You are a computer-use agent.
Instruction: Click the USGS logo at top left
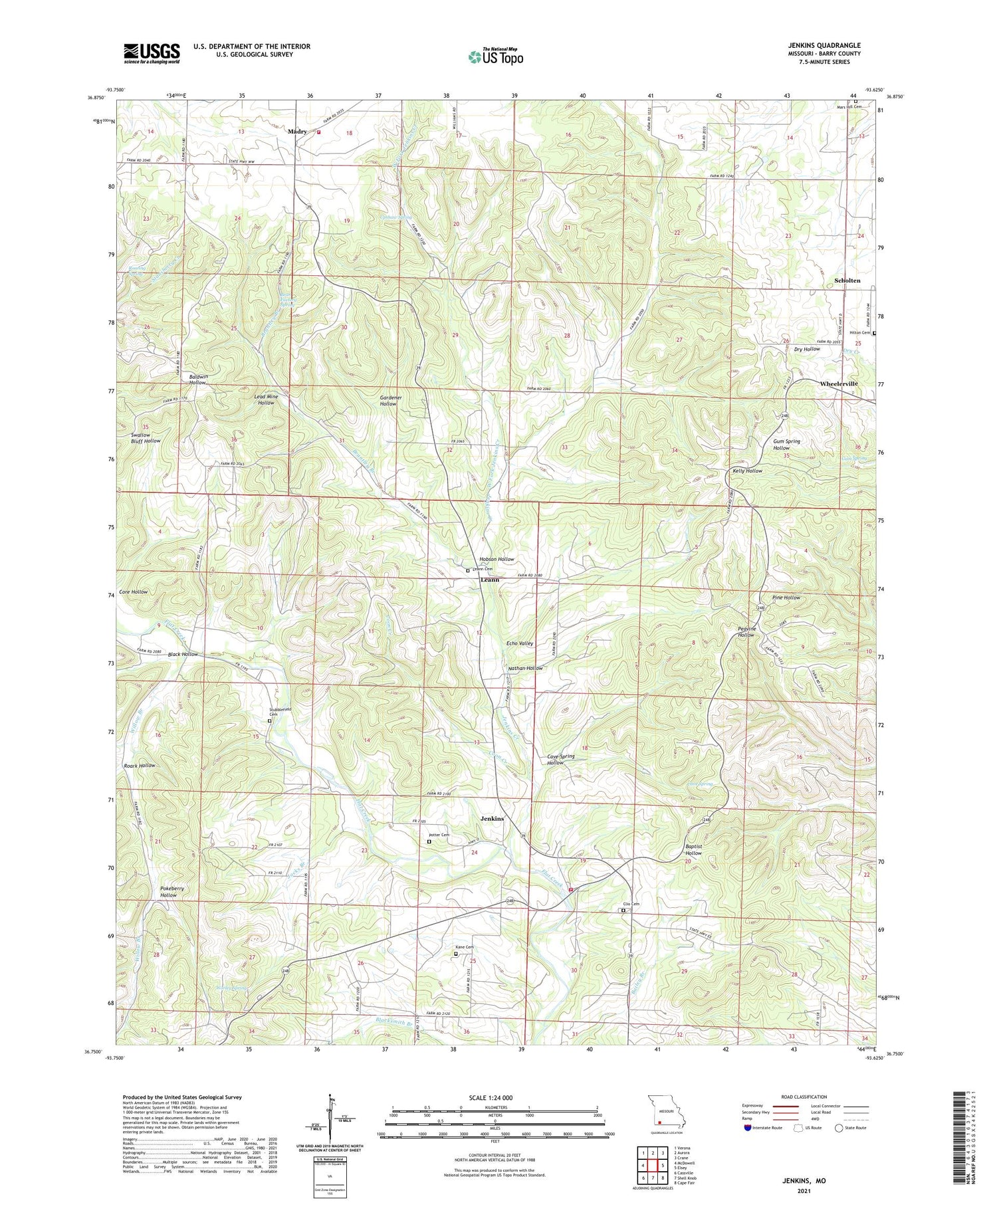click(x=152, y=53)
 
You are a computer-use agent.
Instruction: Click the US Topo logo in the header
click(x=495, y=57)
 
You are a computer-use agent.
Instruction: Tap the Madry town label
click(x=297, y=132)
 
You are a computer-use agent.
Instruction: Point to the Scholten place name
click(x=847, y=280)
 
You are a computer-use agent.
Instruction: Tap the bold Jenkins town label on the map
click(x=492, y=818)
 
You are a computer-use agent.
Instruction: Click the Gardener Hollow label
click(x=388, y=400)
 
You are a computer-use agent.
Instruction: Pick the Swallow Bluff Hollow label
click(x=146, y=437)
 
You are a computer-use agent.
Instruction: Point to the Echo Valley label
click(x=520, y=643)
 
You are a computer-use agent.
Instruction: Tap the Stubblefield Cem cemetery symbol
click(x=269, y=720)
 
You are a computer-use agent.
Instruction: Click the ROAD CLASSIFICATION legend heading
click(x=804, y=1097)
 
